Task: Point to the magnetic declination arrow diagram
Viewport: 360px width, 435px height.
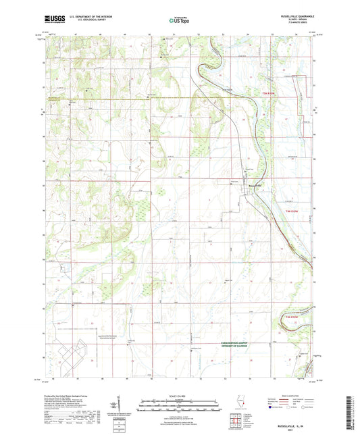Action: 130,407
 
